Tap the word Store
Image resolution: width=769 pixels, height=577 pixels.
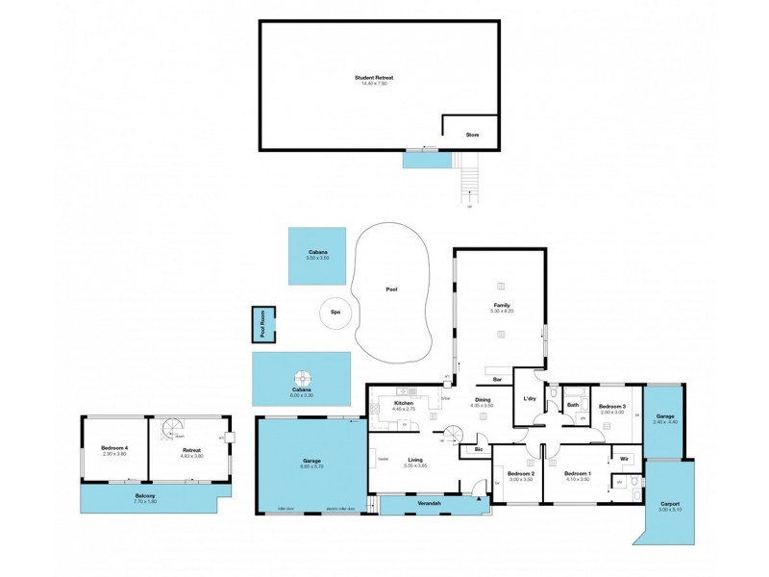coord(472,136)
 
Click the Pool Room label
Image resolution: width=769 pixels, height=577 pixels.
coord(262,324)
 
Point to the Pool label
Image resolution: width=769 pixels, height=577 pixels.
coord(391,289)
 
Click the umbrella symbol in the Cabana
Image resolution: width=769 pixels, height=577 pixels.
coord(302,378)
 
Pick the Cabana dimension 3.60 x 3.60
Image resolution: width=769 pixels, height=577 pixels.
coord(317,258)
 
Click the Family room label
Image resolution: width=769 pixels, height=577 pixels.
coord(501,305)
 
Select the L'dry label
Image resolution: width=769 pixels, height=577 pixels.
coord(529,399)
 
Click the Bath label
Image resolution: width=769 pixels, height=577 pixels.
coord(573,405)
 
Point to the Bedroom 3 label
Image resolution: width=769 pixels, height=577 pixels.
coord(612,406)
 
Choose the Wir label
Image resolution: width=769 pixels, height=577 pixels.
coord(624,458)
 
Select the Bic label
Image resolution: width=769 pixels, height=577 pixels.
coord(478,450)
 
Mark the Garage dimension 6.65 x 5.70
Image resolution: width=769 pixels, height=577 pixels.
coord(310,467)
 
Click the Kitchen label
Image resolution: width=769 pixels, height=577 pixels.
coord(403,403)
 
